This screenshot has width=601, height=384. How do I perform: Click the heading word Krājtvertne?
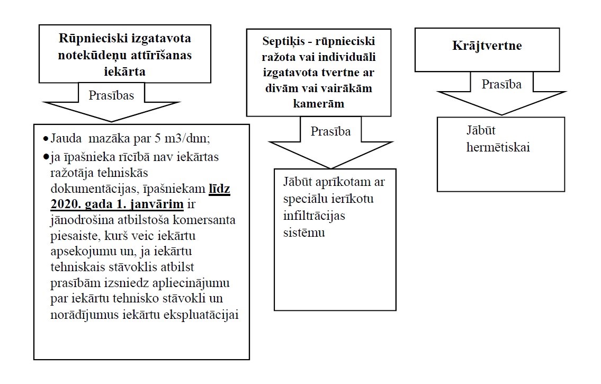point(487,46)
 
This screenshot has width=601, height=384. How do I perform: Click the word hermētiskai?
point(498,147)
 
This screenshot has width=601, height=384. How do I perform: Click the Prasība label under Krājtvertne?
point(501,84)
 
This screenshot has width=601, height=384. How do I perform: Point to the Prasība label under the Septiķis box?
point(330,131)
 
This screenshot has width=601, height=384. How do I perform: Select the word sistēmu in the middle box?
point(303,232)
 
